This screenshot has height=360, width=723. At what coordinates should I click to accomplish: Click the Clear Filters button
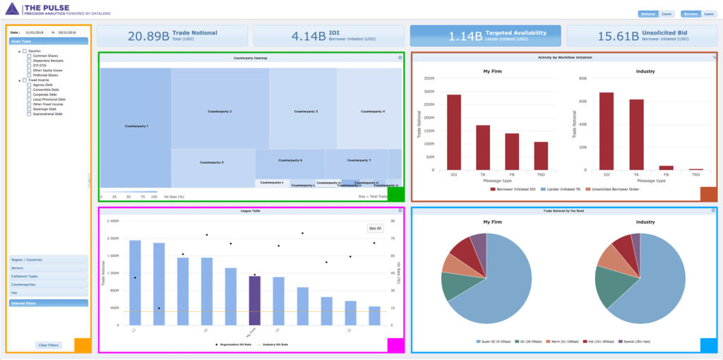(x=49, y=344)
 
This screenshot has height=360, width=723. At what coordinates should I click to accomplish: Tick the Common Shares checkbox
(x=30, y=56)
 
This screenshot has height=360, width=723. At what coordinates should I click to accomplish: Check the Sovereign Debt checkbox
(x=30, y=109)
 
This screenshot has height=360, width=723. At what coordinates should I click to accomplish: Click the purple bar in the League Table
(x=254, y=300)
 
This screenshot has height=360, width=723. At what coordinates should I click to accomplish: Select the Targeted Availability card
(x=485, y=35)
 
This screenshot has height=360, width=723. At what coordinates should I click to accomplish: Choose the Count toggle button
(x=667, y=13)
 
